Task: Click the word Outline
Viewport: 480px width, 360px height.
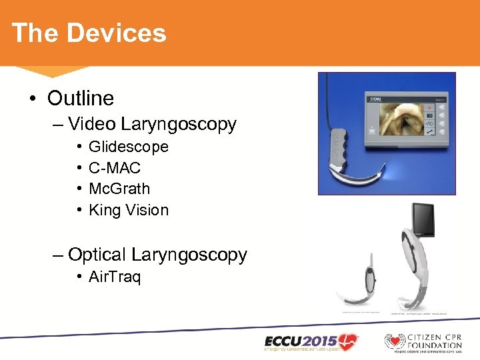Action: point(80,99)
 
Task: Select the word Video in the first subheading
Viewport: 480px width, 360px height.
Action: point(91,124)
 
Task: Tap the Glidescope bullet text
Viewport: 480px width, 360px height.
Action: point(128,147)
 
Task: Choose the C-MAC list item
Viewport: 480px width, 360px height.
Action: point(114,168)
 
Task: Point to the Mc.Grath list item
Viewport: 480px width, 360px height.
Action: point(119,189)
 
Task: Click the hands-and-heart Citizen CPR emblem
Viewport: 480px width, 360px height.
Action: point(394,341)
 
